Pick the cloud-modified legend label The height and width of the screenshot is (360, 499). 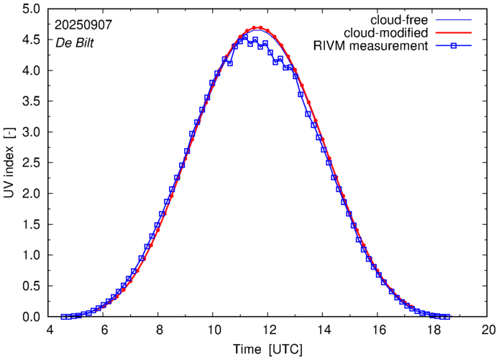[387, 33]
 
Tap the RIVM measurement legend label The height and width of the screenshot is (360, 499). [372, 47]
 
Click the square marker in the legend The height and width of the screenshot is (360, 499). [454, 47]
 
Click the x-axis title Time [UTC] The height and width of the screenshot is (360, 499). [267, 349]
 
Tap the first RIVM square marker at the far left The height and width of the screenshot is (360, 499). [63, 316]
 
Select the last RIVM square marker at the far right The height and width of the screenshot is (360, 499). [447, 316]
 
